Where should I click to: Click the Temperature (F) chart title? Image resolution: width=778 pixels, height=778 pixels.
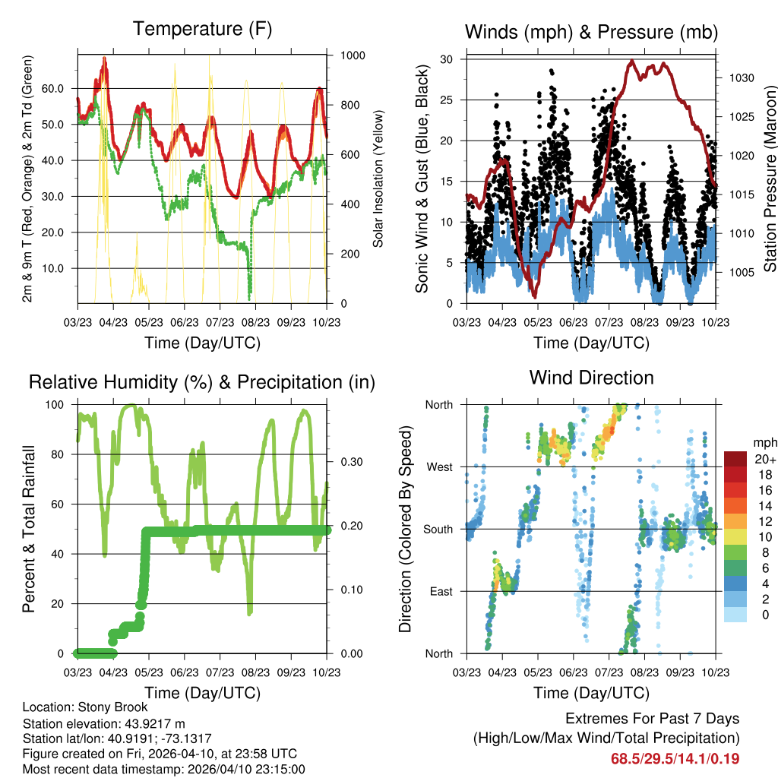202,30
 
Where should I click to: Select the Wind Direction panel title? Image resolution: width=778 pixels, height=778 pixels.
591,378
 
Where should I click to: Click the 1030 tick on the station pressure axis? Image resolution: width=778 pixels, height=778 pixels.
738,77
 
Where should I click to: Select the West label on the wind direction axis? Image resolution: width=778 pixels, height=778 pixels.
439,466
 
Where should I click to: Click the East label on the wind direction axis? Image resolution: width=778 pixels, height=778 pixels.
440,591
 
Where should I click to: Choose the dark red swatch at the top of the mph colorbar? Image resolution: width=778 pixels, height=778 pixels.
735,459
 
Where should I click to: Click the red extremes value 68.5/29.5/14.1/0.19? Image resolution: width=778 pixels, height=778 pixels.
675,758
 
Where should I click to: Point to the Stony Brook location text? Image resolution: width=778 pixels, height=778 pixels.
85,707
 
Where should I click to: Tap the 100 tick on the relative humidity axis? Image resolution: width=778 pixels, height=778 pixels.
55,405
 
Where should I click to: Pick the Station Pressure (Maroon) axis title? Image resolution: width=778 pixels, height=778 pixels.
768,179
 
